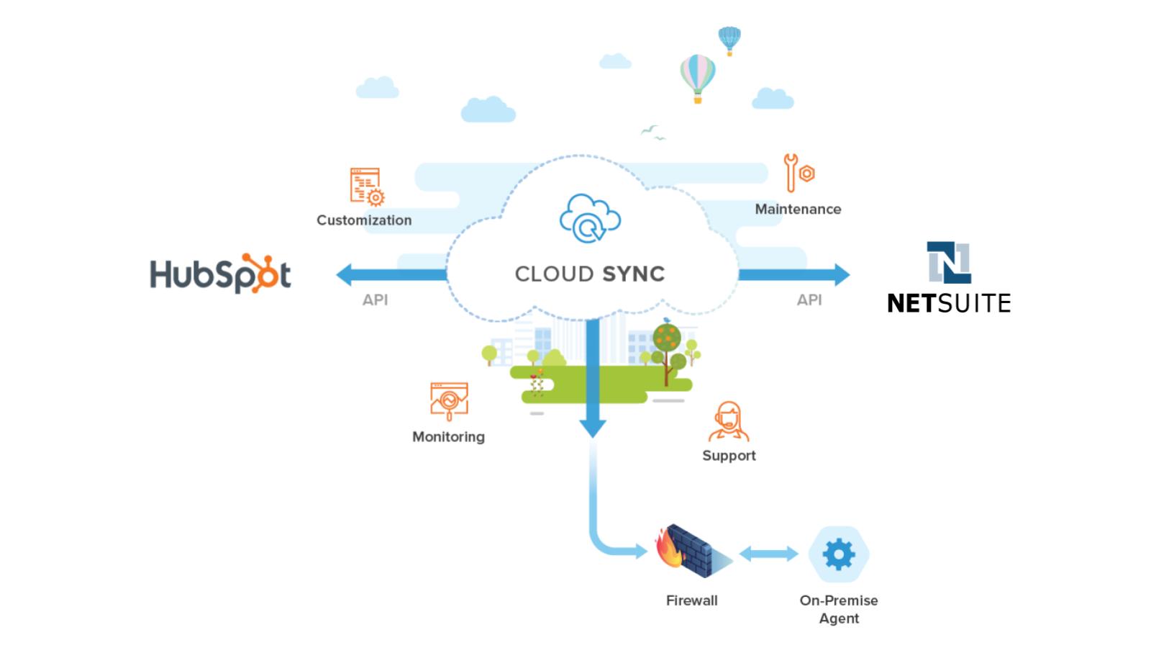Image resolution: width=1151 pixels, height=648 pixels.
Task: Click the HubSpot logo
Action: coord(220,274)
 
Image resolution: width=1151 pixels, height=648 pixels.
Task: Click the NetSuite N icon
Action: coord(949,263)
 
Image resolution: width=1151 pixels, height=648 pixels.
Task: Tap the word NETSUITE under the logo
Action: coord(949,303)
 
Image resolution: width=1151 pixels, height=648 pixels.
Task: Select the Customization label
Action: coord(364,220)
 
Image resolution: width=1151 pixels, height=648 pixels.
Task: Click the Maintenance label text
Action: coord(798,210)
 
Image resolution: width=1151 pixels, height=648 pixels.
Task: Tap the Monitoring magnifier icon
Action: coord(449,400)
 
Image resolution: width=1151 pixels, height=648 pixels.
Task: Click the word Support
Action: coord(729,456)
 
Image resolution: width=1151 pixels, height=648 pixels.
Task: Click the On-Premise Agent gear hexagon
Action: coord(839,554)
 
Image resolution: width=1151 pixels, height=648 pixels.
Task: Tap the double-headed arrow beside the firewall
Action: coord(769,554)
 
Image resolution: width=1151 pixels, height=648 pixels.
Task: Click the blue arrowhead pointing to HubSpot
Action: coord(346,274)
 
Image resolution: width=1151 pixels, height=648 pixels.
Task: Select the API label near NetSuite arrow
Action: coord(809,300)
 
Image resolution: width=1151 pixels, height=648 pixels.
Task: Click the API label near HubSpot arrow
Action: coord(375,300)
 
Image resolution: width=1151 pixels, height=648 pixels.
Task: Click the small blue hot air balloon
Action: coord(729,40)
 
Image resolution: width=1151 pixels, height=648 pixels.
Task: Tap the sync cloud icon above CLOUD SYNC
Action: coord(590,217)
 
